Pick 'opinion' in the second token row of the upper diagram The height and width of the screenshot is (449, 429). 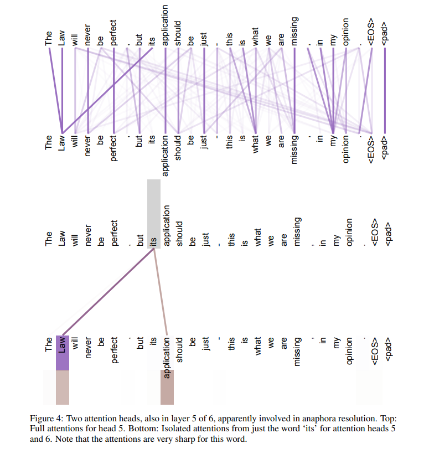(345, 149)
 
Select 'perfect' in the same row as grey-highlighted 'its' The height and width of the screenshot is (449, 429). (113, 233)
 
